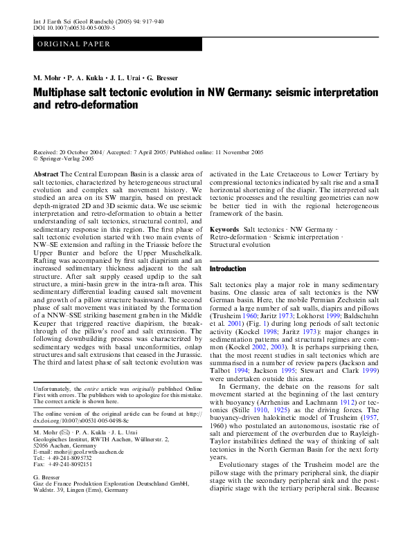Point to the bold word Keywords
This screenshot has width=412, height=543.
224,228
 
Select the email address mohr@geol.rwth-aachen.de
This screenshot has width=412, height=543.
83,452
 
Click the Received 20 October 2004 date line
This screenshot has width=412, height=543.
75,151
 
